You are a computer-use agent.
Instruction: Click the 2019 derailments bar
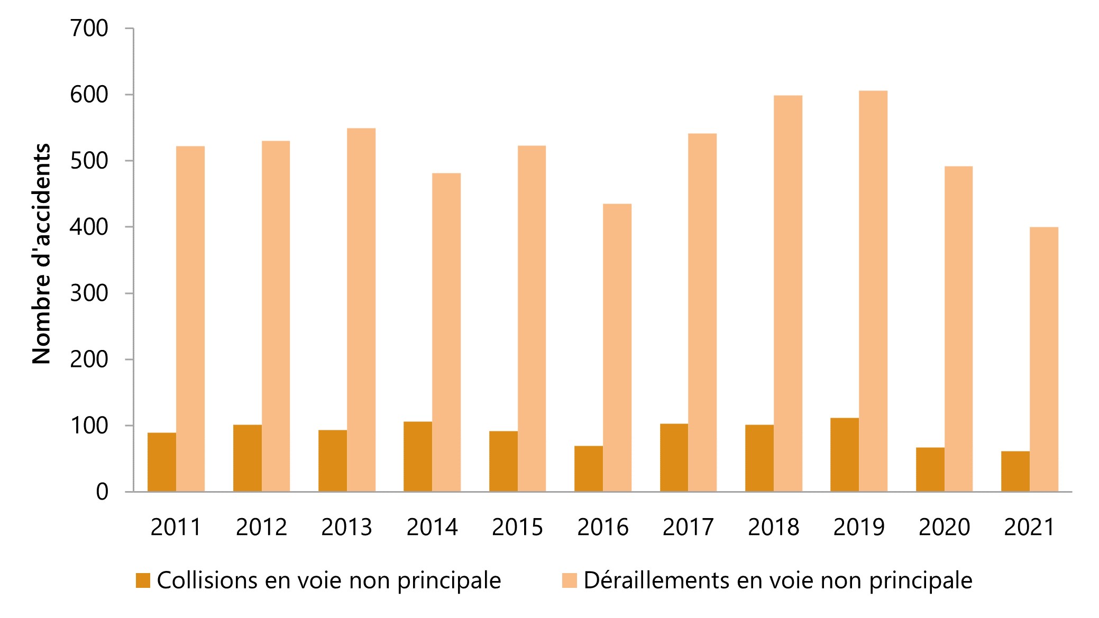(873, 291)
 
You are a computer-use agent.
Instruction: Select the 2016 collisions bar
(589, 469)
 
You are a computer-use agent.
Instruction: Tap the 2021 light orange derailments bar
(1044, 359)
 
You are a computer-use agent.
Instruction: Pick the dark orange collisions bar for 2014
(418, 457)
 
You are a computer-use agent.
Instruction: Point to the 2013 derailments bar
(361, 310)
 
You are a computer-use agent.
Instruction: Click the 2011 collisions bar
(162, 463)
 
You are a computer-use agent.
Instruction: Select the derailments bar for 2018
(788, 293)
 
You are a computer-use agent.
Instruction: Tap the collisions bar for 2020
(930, 469)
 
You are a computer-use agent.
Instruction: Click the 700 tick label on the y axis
(89, 29)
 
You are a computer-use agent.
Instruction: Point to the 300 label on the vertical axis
(89, 293)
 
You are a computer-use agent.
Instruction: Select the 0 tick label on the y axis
(102, 492)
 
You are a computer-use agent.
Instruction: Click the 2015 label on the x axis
(517, 528)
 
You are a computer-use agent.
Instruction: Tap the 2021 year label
(1029, 528)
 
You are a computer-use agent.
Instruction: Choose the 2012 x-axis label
(261, 528)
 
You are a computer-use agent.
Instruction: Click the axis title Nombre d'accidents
(41, 254)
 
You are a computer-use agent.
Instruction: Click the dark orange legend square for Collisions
(143, 580)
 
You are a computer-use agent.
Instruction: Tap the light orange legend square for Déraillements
(569, 580)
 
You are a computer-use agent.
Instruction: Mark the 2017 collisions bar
(674, 458)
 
